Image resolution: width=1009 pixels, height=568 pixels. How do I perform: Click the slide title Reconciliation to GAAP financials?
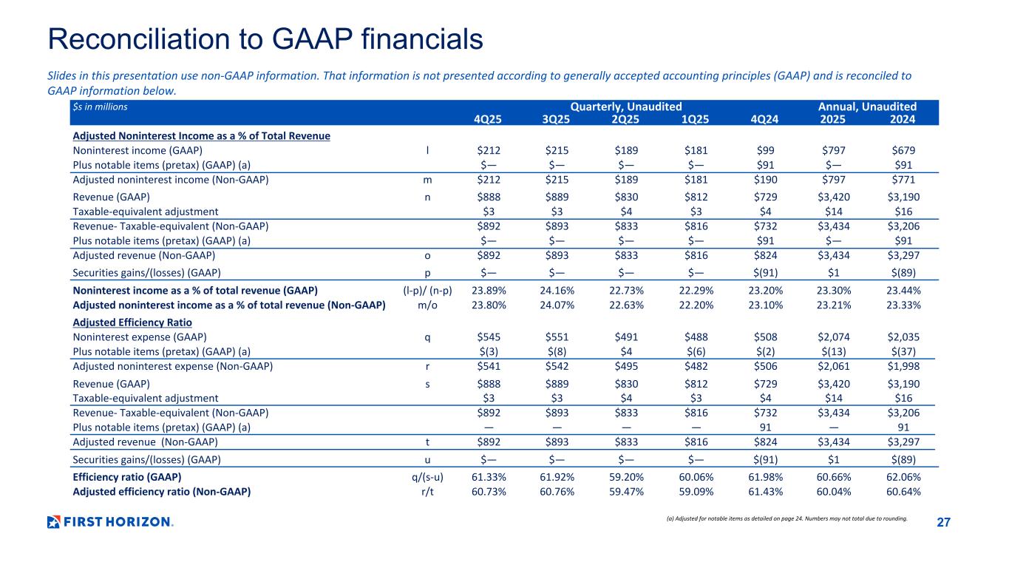[265, 38]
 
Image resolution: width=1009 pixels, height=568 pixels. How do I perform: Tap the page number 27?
[943, 523]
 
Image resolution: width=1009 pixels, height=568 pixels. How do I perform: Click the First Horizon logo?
[110, 522]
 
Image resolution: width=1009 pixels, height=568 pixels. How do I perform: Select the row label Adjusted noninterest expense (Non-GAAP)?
[172, 366]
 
